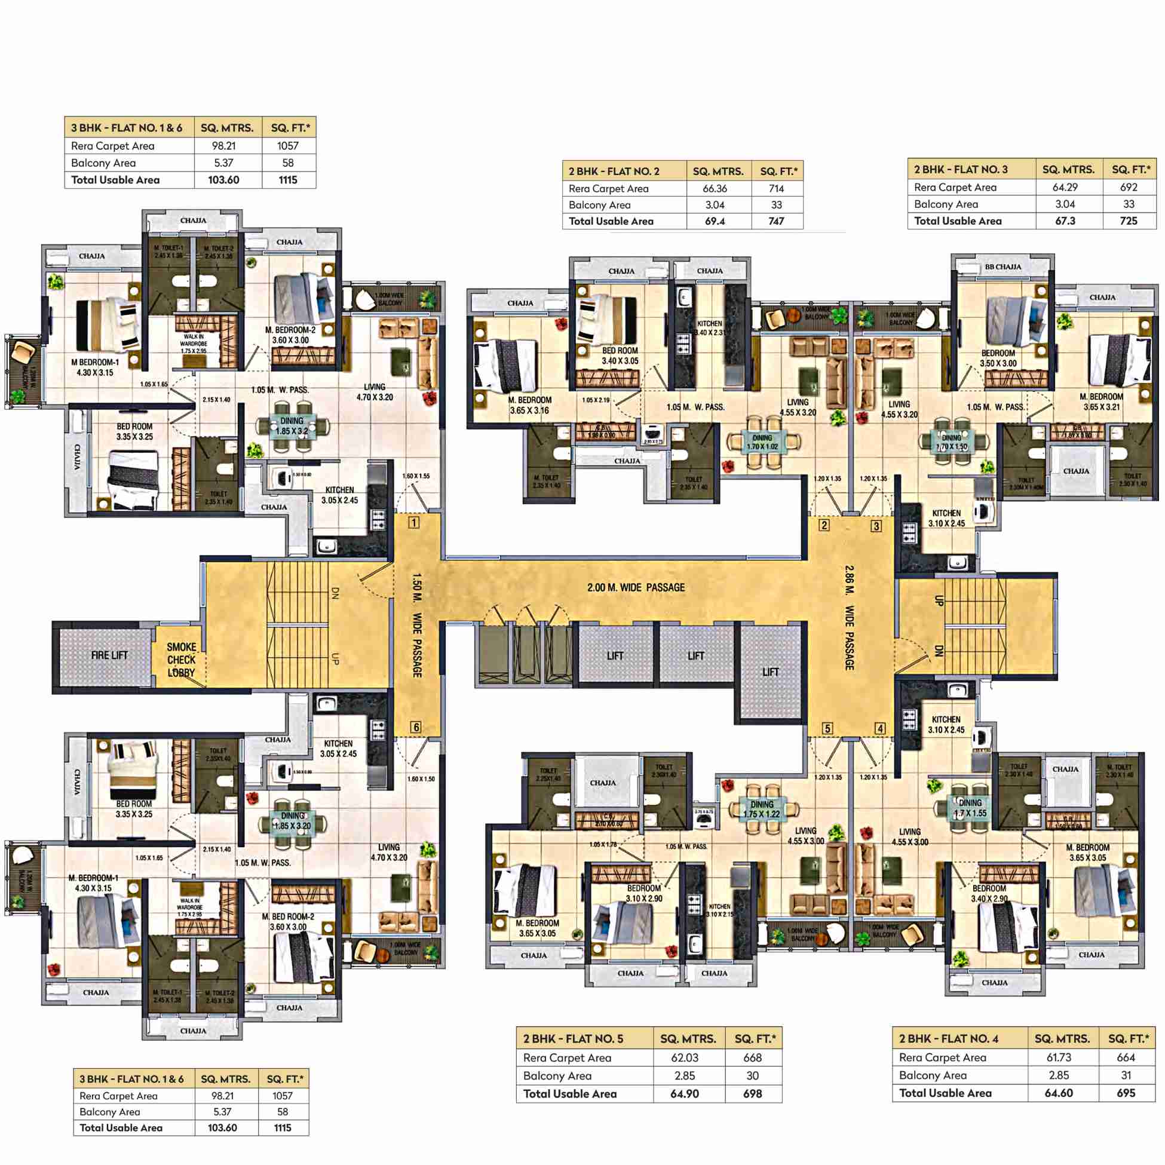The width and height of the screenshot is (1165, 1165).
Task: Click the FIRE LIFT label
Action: click(x=109, y=655)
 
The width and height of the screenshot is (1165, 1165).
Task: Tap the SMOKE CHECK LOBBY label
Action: click(x=181, y=660)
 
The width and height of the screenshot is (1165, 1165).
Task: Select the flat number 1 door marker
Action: click(x=413, y=522)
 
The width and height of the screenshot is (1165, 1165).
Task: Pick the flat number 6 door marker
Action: click(x=415, y=727)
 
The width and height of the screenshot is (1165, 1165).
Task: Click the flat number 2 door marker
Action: click(x=824, y=525)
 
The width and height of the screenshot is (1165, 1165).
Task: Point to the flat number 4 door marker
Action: click(x=881, y=728)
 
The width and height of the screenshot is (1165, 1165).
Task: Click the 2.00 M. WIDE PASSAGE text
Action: click(x=636, y=587)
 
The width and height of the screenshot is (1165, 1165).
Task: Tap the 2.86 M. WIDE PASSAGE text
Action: click(x=849, y=618)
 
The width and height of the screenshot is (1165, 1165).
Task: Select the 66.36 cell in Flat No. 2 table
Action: click(x=715, y=189)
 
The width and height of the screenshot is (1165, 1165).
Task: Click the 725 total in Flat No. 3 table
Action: click(x=1128, y=220)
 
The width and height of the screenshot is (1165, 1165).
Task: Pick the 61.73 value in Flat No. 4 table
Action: click(x=1059, y=1057)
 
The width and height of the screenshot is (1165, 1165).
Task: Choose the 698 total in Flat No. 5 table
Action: click(x=753, y=1094)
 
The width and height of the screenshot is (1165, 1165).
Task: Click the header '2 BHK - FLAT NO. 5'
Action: click(x=573, y=1038)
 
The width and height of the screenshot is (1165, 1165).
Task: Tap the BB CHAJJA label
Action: click(x=1002, y=267)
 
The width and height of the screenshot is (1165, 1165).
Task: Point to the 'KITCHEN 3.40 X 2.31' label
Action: click(x=710, y=328)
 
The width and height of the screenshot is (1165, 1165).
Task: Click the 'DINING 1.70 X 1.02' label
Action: click(x=762, y=443)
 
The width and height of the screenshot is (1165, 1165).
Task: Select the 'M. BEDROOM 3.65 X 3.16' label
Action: click(x=529, y=405)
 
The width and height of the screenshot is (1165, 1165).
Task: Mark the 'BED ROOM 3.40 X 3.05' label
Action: click(x=620, y=355)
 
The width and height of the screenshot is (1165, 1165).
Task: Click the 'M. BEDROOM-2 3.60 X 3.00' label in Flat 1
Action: click(x=290, y=335)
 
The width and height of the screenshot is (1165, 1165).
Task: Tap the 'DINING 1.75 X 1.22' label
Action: click(x=762, y=810)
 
